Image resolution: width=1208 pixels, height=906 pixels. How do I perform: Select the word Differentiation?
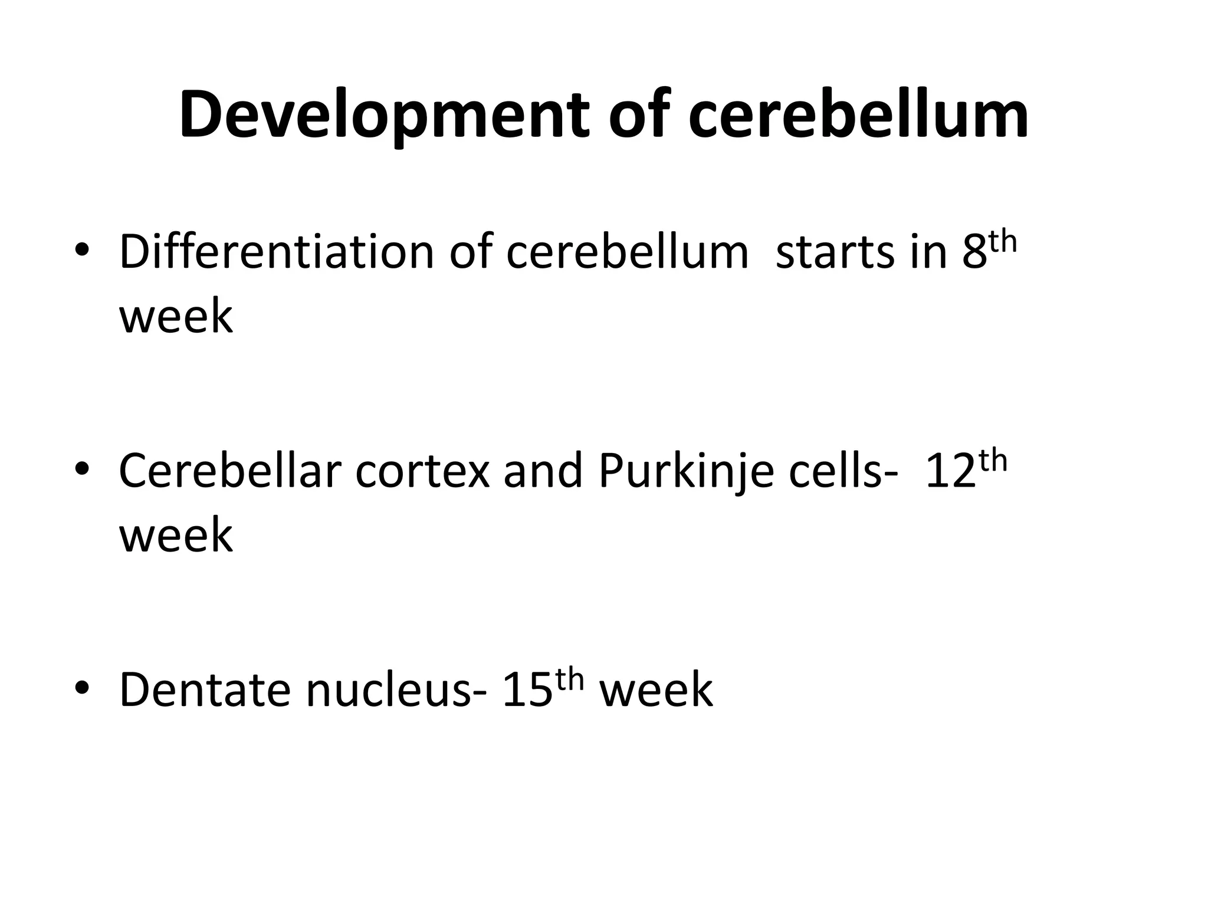275,252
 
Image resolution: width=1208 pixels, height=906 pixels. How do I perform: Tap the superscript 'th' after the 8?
1003,242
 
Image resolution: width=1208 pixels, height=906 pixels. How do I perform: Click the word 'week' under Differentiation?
176,317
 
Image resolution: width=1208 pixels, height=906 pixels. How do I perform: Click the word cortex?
422,472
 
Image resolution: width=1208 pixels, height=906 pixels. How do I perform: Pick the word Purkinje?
685,472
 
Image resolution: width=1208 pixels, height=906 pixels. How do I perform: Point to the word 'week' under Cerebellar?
176,535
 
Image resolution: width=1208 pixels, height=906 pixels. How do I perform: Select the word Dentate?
205,690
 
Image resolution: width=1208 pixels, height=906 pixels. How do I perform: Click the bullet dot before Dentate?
82,688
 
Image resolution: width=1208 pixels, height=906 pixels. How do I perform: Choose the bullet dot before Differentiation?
82,251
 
